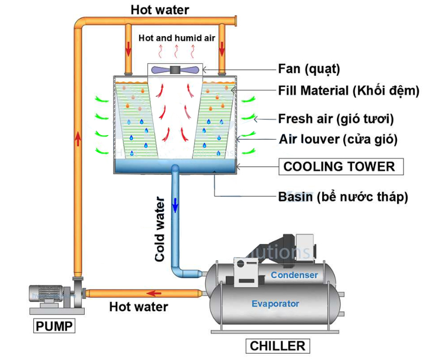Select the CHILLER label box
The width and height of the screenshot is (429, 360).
coord(277,346)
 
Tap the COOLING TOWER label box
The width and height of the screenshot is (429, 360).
coord(339,167)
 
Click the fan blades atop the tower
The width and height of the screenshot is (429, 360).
coord(175,69)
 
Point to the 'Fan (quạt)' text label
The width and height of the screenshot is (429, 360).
coord(309,69)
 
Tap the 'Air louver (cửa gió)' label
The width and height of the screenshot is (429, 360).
coord(338,140)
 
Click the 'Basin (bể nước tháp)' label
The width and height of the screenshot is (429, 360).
coord(343,197)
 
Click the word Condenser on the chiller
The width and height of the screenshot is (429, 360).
coord(294,275)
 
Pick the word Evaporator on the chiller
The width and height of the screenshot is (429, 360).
coord(275,303)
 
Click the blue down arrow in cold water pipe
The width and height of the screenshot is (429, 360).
coord(175,205)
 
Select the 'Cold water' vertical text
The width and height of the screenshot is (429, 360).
coord(160,229)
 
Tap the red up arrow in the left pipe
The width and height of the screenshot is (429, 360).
coord(78,139)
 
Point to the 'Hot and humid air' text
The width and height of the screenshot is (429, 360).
coord(176,38)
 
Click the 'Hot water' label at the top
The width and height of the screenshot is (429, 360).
coord(160,9)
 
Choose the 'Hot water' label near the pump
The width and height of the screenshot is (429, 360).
coord(139,307)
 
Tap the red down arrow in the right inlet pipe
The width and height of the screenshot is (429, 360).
coord(222,49)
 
